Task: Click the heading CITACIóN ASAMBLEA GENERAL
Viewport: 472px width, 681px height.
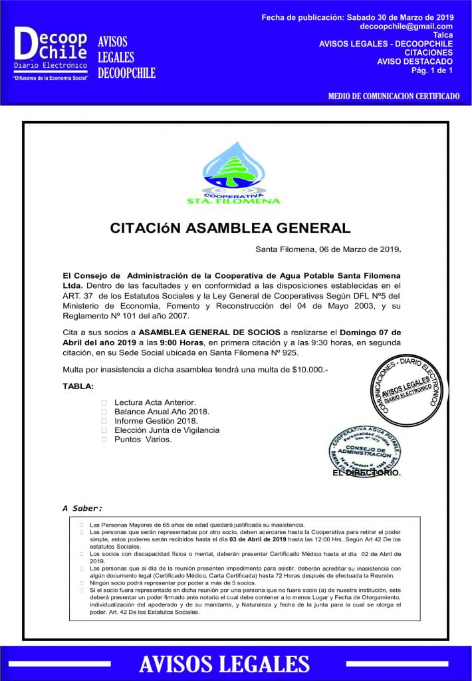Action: point(230,228)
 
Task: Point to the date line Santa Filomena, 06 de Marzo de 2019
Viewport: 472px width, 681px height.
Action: point(328,249)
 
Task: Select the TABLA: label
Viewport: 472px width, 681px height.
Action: point(78,386)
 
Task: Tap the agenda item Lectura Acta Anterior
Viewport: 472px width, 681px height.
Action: point(155,402)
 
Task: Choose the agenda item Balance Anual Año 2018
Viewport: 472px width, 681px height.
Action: point(162,412)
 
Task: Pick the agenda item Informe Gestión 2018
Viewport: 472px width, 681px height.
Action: point(156,421)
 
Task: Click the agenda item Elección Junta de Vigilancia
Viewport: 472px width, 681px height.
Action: point(166,430)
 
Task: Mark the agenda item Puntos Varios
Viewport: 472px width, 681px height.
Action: point(143,440)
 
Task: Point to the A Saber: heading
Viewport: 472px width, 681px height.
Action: point(82,508)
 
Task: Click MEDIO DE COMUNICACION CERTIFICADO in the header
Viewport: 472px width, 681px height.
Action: point(394,96)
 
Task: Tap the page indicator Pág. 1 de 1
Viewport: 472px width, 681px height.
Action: point(431,70)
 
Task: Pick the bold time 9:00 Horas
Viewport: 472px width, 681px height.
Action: point(181,342)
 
